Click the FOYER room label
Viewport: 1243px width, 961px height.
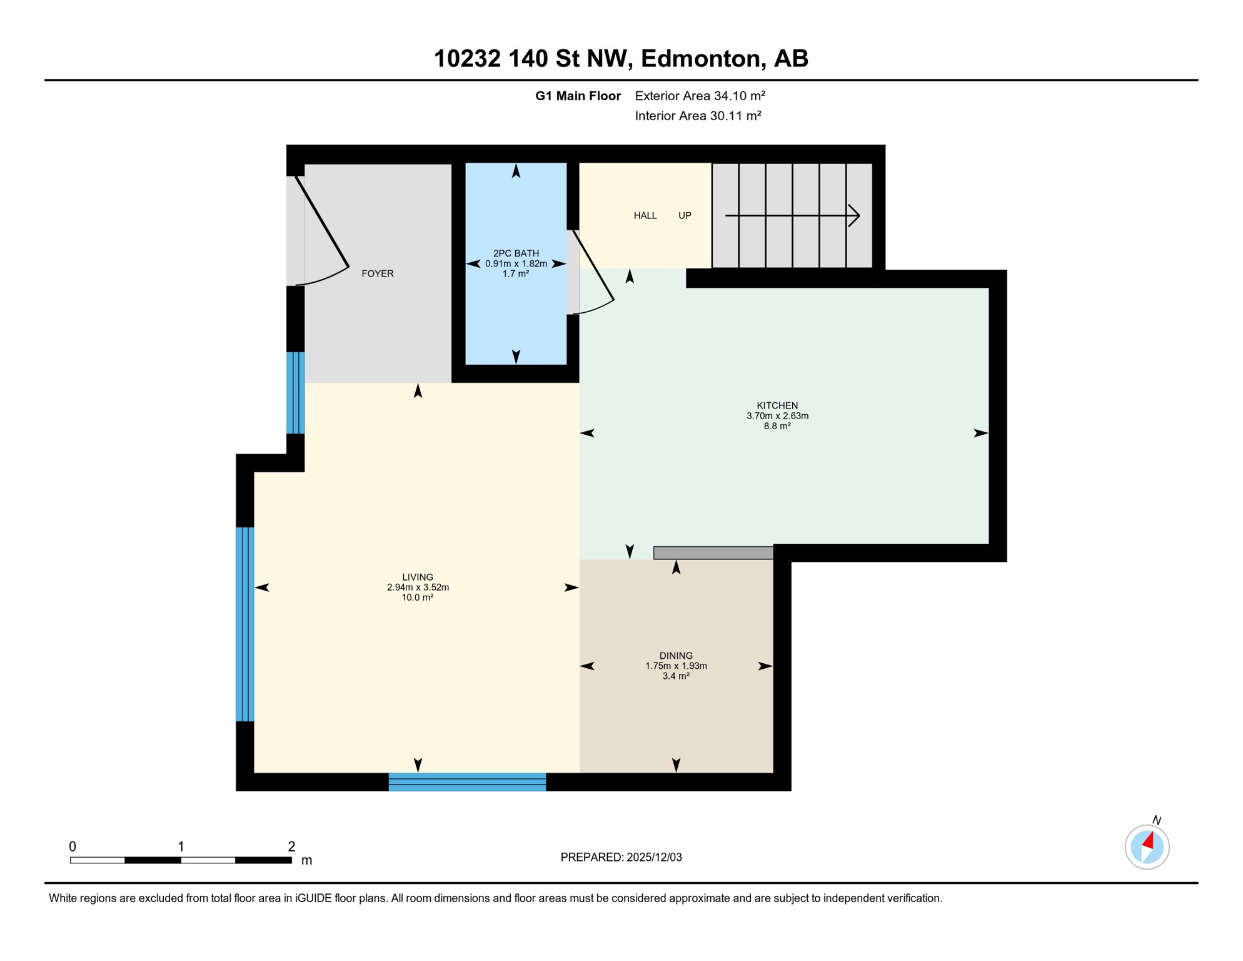378,273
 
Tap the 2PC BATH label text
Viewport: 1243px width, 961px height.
516,253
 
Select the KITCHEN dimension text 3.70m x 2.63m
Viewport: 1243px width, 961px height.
777,416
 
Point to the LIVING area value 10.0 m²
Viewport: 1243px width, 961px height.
418,597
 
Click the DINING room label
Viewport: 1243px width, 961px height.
676,656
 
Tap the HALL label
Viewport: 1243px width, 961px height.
645,216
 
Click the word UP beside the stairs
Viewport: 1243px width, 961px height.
685,216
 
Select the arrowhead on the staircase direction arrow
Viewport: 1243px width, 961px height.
855,216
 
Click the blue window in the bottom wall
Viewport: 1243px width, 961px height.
467,782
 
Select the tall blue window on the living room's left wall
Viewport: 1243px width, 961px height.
244,624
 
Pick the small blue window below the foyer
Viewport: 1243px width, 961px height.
296,393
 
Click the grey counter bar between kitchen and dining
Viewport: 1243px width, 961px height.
713,552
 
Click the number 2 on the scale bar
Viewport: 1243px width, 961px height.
291,847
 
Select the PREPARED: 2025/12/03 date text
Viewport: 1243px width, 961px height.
621,857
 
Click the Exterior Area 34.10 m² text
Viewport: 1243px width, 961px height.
700,96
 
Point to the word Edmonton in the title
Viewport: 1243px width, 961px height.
700,58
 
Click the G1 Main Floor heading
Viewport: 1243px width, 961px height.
578,96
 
